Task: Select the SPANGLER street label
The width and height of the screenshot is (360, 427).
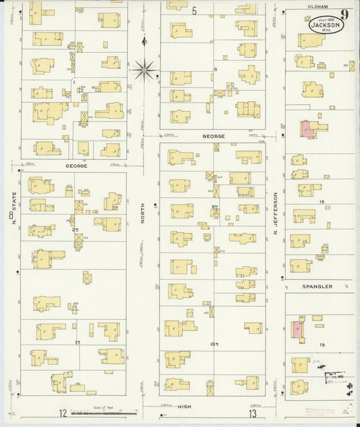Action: [317, 286]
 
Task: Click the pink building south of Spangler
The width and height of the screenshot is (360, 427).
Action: [297, 330]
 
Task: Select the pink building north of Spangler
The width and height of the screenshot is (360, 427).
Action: [307, 129]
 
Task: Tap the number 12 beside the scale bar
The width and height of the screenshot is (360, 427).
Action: [62, 413]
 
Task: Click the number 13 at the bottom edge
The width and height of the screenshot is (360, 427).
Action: [253, 413]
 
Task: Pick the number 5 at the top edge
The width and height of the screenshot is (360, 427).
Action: [194, 10]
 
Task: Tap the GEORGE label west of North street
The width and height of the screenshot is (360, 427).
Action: [77, 165]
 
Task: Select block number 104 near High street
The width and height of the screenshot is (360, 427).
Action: [214, 344]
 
